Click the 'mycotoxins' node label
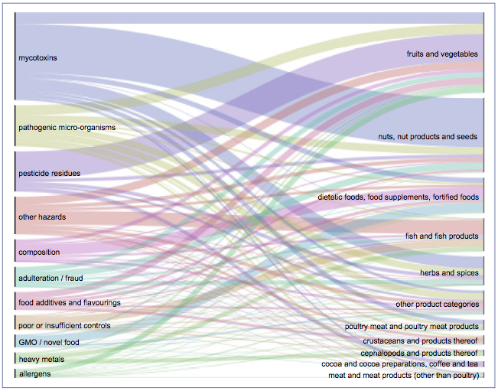coord(38,57)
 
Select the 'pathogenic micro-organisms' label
coord(67,127)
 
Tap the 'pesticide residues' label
coord(49,174)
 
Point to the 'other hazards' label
coord(42,217)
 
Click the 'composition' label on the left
coord(39,253)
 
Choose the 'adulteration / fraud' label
coord(51,279)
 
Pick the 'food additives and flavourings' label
coord(70,303)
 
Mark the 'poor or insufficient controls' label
coord(64,326)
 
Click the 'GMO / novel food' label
coord(49,343)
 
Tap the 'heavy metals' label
coord(41,360)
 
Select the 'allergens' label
coord(35,373)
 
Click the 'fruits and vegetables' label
coord(442,54)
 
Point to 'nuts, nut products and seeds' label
coord(428,137)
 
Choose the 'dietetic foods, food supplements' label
coord(399,197)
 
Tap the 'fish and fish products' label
coord(441,236)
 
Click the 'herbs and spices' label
coord(448,273)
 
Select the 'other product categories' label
coord(437,305)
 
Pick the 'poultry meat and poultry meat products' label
coord(412,327)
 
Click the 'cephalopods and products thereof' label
coord(419,354)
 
